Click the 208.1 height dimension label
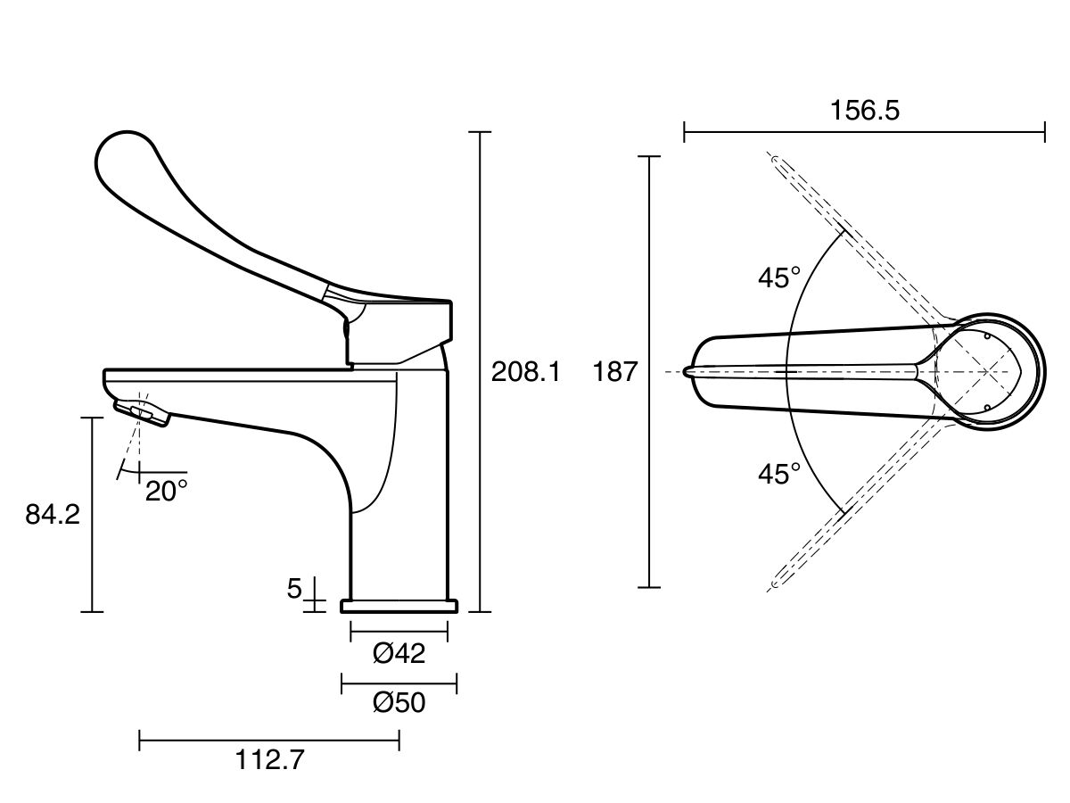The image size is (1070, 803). (x=526, y=372)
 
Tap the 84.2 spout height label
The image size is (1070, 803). (x=53, y=515)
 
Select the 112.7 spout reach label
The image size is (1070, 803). (x=269, y=759)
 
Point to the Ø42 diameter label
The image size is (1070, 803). (x=399, y=653)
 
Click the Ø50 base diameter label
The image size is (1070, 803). (x=399, y=702)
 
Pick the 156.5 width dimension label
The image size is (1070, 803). (x=865, y=110)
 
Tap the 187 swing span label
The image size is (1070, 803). (x=615, y=371)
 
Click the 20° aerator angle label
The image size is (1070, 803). (x=166, y=491)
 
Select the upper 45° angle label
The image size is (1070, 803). (x=779, y=277)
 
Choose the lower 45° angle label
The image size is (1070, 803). (x=779, y=474)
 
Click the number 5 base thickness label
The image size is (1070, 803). (x=294, y=589)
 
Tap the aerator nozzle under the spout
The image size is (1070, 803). (x=143, y=413)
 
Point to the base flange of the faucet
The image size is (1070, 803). (x=399, y=606)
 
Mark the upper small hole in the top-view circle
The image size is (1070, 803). (x=987, y=336)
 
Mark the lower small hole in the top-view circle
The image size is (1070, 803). (x=987, y=407)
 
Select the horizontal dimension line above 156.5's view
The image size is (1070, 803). (x=864, y=132)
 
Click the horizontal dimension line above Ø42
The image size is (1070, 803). (x=399, y=633)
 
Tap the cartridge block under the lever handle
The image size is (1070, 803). (x=399, y=333)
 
